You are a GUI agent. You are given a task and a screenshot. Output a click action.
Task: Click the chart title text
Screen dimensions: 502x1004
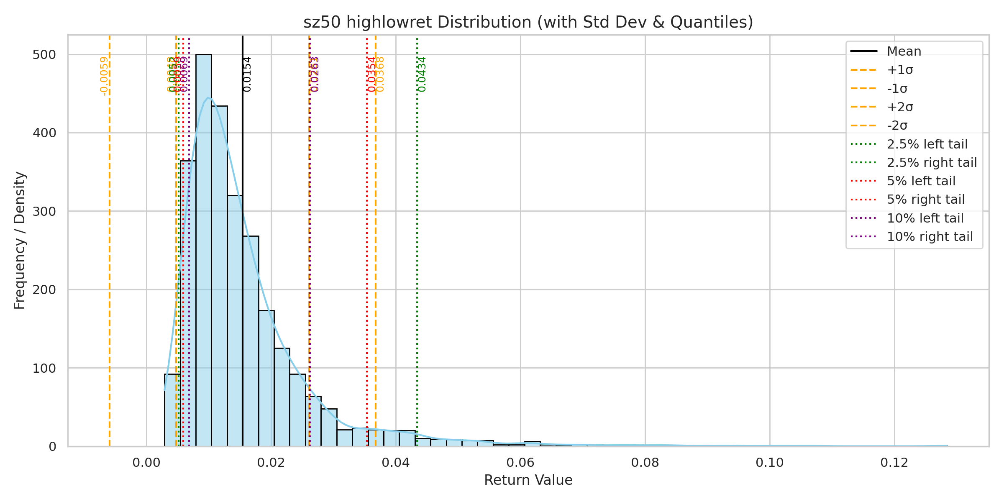click(x=528, y=22)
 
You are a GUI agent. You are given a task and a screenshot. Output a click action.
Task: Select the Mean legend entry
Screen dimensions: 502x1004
click(x=904, y=51)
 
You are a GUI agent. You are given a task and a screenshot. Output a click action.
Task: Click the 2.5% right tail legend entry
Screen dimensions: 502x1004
click(x=932, y=162)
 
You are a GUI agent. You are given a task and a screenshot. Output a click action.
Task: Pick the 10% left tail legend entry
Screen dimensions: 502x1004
click(x=925, y=218)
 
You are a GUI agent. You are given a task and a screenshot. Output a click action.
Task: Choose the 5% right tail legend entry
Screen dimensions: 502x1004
click(x=926, y=200)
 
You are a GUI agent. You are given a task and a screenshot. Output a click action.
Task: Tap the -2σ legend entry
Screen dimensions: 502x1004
click(x=897, y=125)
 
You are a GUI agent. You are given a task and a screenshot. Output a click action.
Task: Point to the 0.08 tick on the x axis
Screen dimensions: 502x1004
click(x=645, y=463)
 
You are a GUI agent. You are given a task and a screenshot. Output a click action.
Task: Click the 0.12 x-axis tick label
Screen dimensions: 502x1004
click(x=894, y=463)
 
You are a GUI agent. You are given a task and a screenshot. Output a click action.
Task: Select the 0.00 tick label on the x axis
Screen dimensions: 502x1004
click(x=146, y=463)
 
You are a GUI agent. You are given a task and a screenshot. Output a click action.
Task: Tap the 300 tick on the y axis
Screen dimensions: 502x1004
click(x=44, y=211)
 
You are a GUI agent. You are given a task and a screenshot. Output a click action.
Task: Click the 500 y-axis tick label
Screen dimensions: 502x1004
click(x=44, y=55)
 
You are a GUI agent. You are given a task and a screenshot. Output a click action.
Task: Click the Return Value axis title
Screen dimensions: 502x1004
click(x=528, y=480)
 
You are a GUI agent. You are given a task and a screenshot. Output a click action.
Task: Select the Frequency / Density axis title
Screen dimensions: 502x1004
click(x=20, y=241)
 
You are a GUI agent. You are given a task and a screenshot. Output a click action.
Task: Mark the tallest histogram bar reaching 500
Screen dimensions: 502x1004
click(x=204, y=251)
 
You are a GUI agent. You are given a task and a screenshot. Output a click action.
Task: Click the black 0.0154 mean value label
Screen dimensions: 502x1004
click(x=247, y=74)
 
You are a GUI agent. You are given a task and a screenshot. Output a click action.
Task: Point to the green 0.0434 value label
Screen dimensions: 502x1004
click(x=422, y=74)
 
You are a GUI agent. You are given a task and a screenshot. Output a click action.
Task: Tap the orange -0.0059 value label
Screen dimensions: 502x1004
click(x=104, y=76)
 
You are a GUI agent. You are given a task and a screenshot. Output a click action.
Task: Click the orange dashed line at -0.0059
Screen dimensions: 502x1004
click(x=110, y=272)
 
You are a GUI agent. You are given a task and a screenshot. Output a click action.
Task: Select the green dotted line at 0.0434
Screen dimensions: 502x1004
click(x=417, y=272)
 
